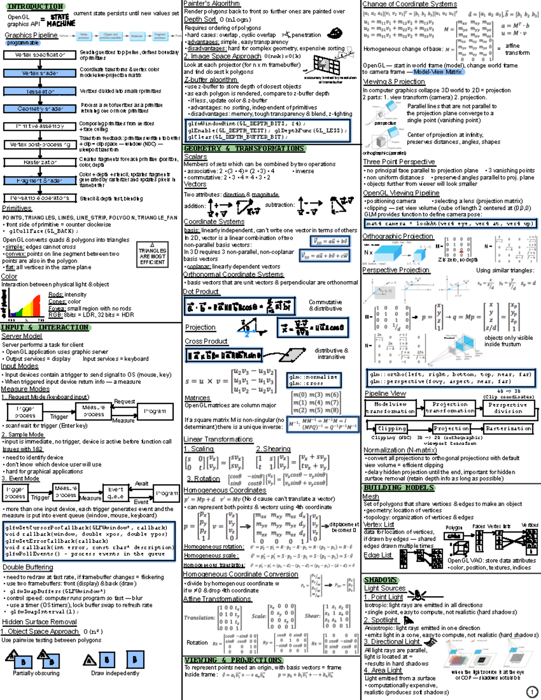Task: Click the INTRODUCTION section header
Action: pos(35,7)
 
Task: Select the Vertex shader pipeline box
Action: pos(40,73)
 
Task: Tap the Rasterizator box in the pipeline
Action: pos(40,162)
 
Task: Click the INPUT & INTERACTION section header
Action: pos(45,328)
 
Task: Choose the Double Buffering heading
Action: pos(28,567)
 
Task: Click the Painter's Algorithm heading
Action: pos(212,4)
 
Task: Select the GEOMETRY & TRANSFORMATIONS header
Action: pos(244,148)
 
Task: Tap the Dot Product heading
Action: pos(201,292)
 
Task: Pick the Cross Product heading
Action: pos(206,341)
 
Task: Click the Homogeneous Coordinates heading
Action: pos(225,490)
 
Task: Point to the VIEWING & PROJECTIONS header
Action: pos(233,660)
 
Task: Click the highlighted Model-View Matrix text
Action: pos(438,72)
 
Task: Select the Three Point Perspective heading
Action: pos(399,162)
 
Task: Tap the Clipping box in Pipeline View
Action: pos(392,428)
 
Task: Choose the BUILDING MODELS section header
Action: pos(399,488)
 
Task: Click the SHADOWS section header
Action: pos(381,580)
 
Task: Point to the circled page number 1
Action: pos(532,692)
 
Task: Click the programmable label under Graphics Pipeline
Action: pos(23,43)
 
